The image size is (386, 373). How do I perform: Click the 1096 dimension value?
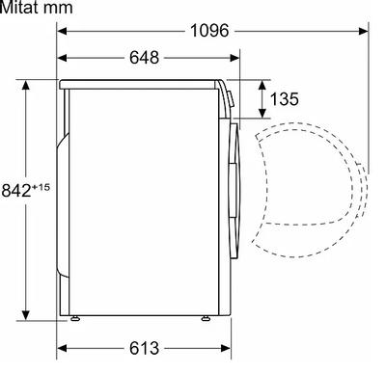[x=209, y=31]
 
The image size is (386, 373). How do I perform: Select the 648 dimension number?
[x=144, y=58]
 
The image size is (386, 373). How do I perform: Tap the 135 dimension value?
[x=285, y=99]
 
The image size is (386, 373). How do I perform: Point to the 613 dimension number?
[x=144, y=348]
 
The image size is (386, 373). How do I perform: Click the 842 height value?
[x=16, y=190]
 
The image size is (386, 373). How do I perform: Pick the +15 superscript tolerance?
[x=41, y=187]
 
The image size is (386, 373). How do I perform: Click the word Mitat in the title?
[x=19, y=8]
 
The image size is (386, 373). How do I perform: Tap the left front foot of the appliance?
[x=75, y=318]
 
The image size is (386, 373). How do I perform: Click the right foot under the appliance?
[x=206, y=318]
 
